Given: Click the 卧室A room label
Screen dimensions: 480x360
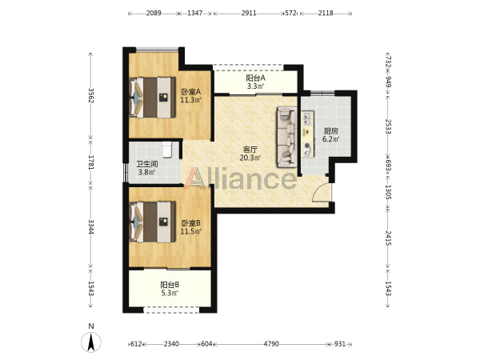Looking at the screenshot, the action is click(190, 91).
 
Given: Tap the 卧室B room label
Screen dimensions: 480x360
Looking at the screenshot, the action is click(190, 223).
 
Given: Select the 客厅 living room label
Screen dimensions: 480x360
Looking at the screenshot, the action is click(250, 150).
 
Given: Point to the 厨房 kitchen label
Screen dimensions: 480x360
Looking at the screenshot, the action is click(330, 131).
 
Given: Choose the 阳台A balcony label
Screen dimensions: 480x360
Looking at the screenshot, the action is click(256, 78).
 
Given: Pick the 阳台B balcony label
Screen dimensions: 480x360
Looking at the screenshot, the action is click(170, 285).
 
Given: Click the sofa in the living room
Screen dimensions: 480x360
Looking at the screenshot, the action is click(287, 137).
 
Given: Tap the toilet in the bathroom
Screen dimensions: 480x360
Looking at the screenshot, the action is click(167, 150).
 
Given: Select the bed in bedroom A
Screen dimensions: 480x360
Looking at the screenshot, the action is click(153, 98).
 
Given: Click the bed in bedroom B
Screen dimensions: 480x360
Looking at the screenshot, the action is click(153, 222).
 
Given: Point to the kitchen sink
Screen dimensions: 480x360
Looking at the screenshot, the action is click(307, 118).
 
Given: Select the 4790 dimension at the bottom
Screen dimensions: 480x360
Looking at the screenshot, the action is click(271, 344).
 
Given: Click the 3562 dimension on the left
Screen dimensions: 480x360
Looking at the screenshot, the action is click(90, 96).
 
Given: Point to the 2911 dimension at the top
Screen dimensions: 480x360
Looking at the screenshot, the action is click(249, 13).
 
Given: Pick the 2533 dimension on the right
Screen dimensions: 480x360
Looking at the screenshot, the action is click(388, 126).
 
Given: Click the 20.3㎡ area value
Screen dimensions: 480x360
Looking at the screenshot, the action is click(250, 158).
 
